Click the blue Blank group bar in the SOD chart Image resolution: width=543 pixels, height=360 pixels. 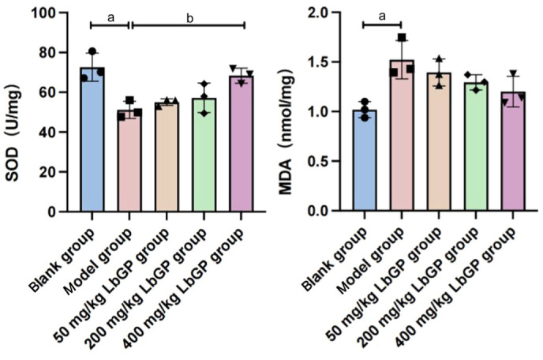tap(92, 139)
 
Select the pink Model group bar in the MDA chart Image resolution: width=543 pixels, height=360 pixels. tap(402, 135)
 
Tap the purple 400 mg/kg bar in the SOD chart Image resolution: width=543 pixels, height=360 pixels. tap(241, 144)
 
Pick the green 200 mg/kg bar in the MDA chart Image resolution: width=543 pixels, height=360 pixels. tap(476, 147)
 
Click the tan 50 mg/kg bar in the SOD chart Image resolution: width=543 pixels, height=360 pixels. tap(167, 157)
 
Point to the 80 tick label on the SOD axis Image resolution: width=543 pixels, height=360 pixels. tap(48, 53)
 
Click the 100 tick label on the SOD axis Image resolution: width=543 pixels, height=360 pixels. tap(44, 13)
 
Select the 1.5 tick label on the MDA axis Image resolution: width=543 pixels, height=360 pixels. tap(319, 62)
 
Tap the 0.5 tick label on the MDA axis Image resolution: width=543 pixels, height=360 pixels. tap(319, 162)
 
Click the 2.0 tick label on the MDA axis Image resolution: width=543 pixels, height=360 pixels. tap(319, 13)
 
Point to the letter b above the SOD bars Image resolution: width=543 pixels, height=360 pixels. tap(189, 18)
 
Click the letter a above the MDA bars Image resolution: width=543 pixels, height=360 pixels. tap(382, 17)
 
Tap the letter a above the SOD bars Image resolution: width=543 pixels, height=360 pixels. tap(110, 18)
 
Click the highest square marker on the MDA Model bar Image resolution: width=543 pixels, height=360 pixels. tap(402, 37)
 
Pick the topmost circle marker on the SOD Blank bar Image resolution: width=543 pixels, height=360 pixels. tap(92, 51)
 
